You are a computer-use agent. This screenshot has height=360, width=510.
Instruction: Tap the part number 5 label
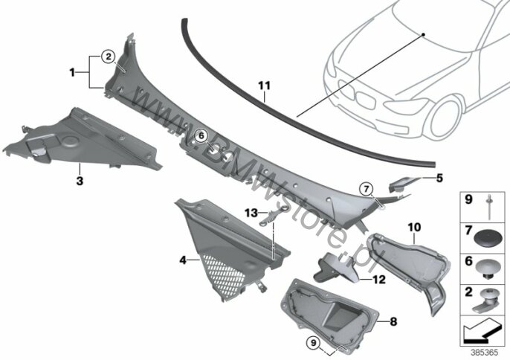(x=439, y=179)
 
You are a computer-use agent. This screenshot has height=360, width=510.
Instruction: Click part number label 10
(x=414, y=225)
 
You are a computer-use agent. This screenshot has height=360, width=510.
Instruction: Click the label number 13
(x=251, y=212)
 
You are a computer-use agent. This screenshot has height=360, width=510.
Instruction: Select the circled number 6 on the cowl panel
(x=199, y=135)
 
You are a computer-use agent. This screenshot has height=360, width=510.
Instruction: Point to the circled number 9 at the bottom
(x=312, y=342)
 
